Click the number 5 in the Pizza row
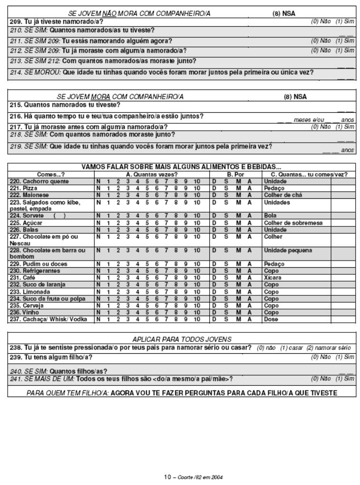147,188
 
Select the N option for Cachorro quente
98,182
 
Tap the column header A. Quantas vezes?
151,175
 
